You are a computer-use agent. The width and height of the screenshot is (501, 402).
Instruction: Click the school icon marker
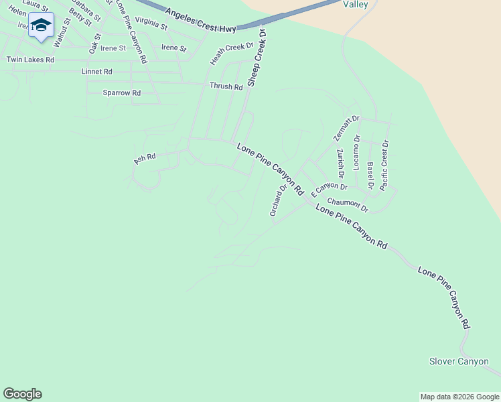click(x=41, y=25)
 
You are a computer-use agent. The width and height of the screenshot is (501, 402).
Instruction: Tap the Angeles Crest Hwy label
click(x=201, y=21)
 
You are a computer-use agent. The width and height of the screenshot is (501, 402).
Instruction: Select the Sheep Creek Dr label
click(x=257, y=58)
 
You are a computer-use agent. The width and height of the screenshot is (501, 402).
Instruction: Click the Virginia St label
click(x=151, y=23)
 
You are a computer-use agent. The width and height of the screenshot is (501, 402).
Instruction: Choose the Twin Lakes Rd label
click(x=30, y=60)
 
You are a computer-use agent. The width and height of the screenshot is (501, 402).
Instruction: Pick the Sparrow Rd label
click(x=122, y=92)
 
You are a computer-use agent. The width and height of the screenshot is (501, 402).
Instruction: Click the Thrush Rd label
click(x=226, y=86)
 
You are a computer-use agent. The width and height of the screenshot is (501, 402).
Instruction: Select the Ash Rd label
click(x=145, y=158)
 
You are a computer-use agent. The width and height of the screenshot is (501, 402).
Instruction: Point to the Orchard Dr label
click(x=278, y=199)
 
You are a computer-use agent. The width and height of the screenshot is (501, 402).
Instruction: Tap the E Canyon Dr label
click(x=329, y=186)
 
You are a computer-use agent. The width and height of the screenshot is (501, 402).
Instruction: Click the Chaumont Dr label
click(x=348, y=204)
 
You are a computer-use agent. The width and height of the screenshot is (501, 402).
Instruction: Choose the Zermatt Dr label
click(x=346, y=128)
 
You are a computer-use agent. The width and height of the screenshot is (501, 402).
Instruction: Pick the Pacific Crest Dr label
click(x=384, y=165)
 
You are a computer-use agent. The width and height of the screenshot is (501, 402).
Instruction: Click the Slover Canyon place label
click(x=459, y=362)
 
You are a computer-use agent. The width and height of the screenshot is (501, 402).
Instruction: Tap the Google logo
click(x=22, y=394)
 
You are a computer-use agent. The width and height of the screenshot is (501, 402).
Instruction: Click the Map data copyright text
click(x=459, y=397)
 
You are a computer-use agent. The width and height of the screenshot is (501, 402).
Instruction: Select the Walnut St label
click(x=62, y=32)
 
